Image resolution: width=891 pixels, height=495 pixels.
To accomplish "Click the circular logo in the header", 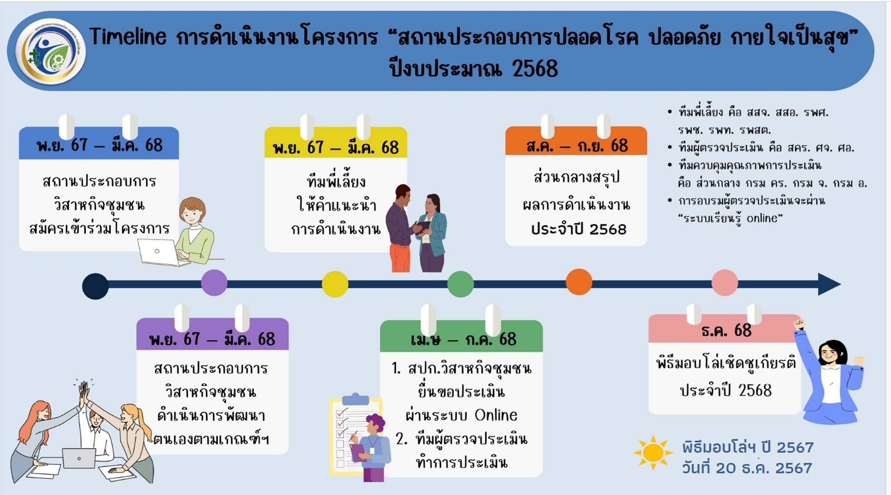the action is [50, 51].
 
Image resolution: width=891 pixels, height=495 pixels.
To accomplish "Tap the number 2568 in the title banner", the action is [535, 69].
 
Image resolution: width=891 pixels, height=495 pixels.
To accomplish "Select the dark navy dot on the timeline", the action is [95, 286].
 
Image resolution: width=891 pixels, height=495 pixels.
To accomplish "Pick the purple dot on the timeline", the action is [214, 283].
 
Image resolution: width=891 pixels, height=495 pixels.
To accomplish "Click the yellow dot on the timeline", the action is [335, 284].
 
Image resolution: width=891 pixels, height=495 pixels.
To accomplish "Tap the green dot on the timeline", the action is [461, 284].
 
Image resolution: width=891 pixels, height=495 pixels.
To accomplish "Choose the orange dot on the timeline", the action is [579, 282].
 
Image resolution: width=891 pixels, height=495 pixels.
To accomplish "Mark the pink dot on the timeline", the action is [725, 282].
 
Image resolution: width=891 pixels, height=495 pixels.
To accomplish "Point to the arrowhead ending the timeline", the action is [829, 284].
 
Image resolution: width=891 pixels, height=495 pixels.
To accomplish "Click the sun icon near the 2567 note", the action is [653, 453].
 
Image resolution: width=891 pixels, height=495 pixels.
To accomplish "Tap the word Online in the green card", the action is [496, 415].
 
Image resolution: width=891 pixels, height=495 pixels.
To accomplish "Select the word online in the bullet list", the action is [762, 218].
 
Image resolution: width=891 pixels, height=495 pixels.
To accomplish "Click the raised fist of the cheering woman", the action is [799, 324].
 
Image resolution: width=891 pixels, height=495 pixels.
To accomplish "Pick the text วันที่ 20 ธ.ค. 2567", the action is [747, 468].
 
